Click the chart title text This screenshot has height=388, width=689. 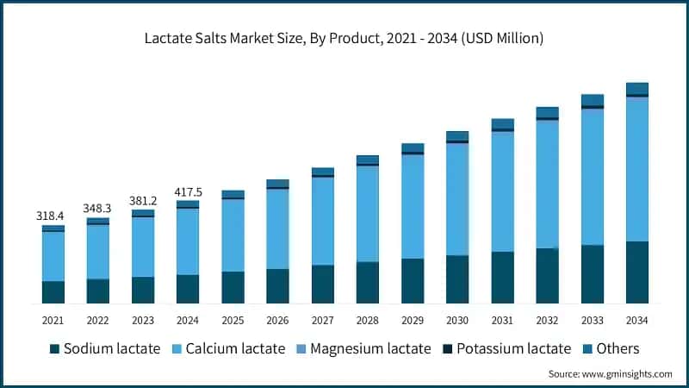344,39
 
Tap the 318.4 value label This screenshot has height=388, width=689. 53,216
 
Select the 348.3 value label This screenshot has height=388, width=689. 98,209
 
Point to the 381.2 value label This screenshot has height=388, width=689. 143,200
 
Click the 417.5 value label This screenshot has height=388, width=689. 188,191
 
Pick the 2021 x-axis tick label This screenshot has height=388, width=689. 53,320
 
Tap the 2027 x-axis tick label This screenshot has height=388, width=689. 322,320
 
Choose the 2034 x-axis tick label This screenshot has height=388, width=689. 636,320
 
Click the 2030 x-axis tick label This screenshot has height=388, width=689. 456,320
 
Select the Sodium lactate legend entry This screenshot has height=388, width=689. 105,348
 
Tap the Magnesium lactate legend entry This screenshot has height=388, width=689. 361,348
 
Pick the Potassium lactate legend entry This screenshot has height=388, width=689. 505,348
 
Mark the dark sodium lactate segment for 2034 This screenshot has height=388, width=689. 636,272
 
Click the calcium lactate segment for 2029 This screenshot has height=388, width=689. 412,206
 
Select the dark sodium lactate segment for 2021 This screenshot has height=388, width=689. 53,291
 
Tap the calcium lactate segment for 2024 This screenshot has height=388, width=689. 188,241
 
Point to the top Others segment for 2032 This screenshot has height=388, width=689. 547,112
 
